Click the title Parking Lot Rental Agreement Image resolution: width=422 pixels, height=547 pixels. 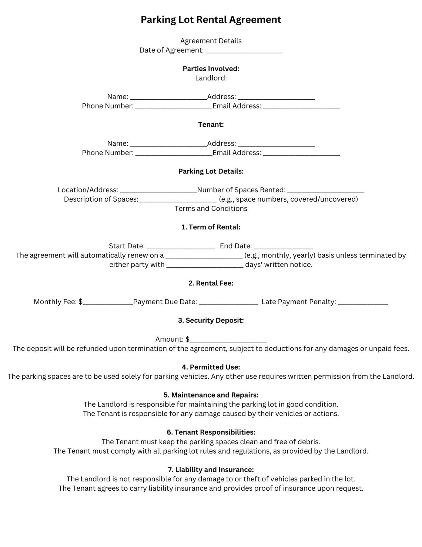point(211,20)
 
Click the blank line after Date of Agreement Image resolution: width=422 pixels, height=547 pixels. point(244,51)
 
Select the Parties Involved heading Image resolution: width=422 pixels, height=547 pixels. point(211,69)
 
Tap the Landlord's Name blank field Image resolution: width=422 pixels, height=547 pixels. point(168,97)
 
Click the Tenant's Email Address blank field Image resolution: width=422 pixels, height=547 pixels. point(301,153)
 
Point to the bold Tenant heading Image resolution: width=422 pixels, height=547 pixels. point(211,125)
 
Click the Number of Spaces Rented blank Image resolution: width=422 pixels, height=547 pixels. point(326,191)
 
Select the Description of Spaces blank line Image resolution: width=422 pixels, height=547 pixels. point(178,200)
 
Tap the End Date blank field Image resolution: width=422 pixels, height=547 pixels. point(283,247)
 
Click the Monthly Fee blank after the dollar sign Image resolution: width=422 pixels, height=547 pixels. point(108,303)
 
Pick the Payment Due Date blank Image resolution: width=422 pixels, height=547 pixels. point(228,303)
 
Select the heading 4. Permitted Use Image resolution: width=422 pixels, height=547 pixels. point(211,367)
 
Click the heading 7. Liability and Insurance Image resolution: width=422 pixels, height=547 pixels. point(211,470)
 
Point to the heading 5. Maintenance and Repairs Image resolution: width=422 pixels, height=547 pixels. point(211,395)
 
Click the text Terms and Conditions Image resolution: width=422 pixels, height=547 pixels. point(211,209)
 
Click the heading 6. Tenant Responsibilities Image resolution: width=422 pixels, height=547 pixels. point(211,432)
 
